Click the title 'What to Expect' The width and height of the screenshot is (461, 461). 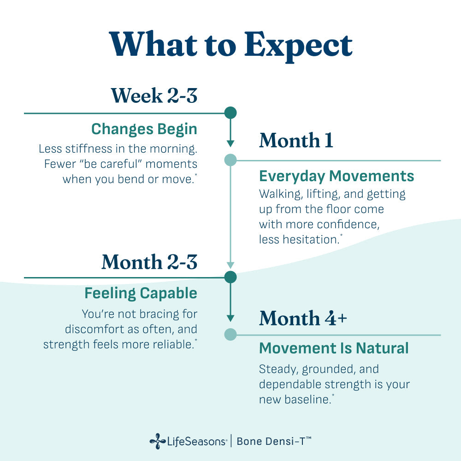point(230,46)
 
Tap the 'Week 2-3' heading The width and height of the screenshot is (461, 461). point(154,95)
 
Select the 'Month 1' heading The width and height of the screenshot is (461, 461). point(296,140)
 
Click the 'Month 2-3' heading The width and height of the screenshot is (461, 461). point(149,262)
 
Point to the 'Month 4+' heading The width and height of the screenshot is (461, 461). point(303,318)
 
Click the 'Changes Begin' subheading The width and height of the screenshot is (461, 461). point(144,129)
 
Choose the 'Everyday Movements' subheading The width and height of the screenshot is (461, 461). point(337,176)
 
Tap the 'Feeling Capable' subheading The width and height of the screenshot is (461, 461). point(141,293)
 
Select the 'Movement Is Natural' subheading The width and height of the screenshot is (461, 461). point(334,348)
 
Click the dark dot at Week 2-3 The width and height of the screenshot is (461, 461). point(230,113)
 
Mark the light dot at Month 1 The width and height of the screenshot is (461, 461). point(230,160)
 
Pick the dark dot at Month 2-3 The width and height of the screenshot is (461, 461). point(230,277)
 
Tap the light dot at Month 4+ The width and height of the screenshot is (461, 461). point(230,335)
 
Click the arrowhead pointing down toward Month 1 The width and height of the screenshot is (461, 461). point(230,143)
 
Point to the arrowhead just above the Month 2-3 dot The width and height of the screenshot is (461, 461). point(230,265)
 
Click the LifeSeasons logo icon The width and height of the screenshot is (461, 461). point(158,441)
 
